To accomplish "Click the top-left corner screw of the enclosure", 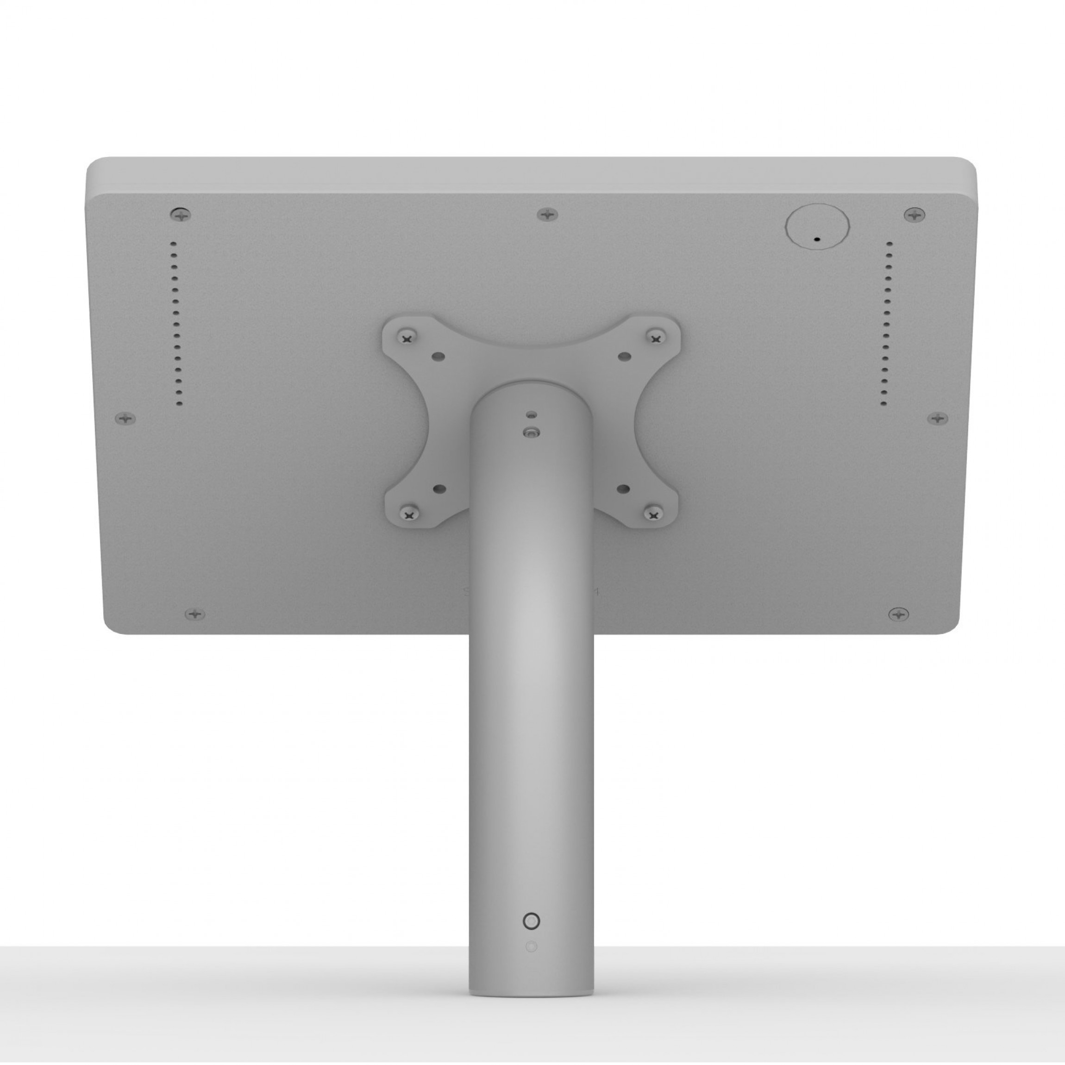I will tap(180, 214).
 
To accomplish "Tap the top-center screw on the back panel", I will tap(547, 214).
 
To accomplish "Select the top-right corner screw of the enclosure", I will tap(915, 214).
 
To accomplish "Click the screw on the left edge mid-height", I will tap(125, 419).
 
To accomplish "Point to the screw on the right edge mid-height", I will tap(938, 419).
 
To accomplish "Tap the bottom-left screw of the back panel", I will tap(194, 614).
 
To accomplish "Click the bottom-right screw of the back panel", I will tap(899, 614).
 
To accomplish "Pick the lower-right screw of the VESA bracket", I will tap(654, 515).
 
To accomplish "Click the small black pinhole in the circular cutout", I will tap(817, 240).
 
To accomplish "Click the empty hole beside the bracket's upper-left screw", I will tap(439, 357).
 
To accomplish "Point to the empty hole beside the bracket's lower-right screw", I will tap(623, 489).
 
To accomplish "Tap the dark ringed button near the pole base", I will tap(530, 921).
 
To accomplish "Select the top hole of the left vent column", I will tap(174, 243).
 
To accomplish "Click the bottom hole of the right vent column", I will tap(884, 405).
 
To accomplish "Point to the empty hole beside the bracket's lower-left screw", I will tap(439, 489).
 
